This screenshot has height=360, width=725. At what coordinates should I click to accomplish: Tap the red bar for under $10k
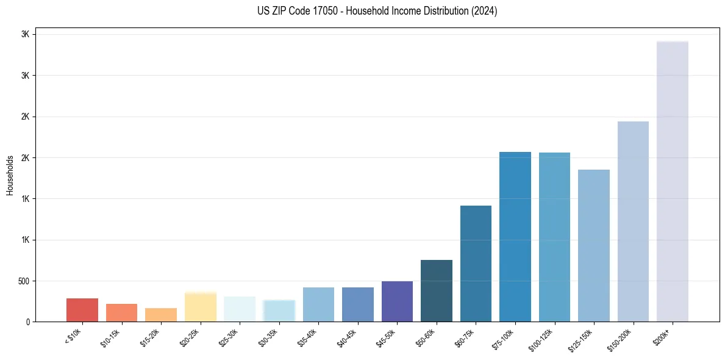82,310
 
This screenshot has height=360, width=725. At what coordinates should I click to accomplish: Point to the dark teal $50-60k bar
437,291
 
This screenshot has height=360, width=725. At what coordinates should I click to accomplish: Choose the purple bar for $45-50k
397,301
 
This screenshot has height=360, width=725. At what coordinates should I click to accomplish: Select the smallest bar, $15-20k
161,315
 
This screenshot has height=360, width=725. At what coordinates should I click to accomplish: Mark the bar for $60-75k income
476,264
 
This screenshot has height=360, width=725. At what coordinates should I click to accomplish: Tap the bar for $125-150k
594,245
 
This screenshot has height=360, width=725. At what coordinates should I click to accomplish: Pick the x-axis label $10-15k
114,336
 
